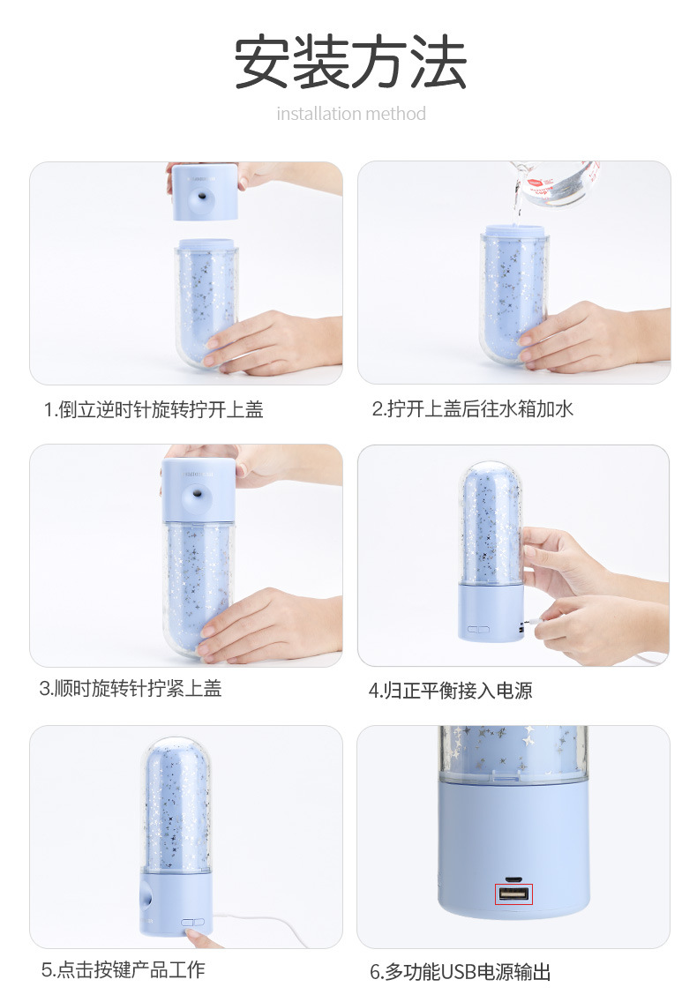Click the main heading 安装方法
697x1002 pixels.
(x=350, y=63)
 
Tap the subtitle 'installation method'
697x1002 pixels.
(x=350, y=114)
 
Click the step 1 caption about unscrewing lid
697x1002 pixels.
(x=154, y=409)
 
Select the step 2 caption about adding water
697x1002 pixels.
(x=472, y=409)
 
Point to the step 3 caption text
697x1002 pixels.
(x=131, y=689)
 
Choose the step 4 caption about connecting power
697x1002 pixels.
(x=450, y=691)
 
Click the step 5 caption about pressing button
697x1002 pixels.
(x=123, y=969)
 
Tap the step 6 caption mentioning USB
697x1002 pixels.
(x=460, y=972)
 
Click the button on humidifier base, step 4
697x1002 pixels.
(x=478, y=630)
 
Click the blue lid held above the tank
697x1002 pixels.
(x=203, y=191)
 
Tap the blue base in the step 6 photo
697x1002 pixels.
(x=513, y=847)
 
